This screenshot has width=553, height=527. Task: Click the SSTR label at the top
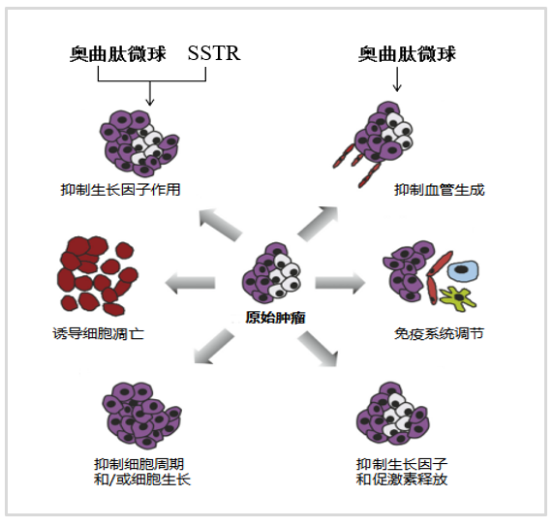click(214, 53)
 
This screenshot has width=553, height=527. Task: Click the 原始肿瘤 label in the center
click(275, 318)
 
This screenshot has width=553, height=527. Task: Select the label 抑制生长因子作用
click(121, 190)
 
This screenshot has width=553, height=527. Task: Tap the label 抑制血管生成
click(439, 190)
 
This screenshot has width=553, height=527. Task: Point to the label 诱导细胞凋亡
click(98, 333)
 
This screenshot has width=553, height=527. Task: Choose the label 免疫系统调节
click(439, 333)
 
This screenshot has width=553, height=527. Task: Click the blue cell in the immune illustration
click(463, 270)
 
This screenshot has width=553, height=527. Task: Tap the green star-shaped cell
click(458, 298)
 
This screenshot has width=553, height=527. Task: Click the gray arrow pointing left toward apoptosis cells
click(190, 283)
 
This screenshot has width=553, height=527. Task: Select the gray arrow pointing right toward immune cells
click(340, 283)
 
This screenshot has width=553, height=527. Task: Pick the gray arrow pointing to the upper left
click(220, 224)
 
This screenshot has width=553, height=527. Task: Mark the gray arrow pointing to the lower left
click(214, 347)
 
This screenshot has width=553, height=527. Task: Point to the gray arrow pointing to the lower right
click(319, 349)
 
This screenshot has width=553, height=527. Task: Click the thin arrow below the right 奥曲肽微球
click(397, 79)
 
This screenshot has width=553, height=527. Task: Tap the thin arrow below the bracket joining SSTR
click(150, 93)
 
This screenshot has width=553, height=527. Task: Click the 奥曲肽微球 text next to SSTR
click(118, 54)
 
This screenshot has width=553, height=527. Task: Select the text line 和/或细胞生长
click(142, 480)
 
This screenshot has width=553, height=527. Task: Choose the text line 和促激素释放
click(402, 480)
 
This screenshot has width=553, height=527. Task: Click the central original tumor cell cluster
click(271, 272)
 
